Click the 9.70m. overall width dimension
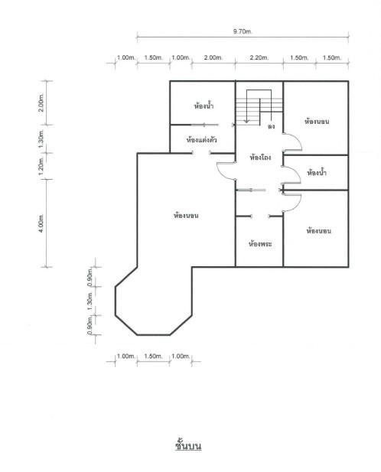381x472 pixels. click(243, 31)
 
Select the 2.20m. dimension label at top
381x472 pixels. click(259, 57)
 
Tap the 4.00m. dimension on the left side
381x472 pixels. click(41, 223)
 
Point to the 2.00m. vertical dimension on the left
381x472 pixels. click(41, 103)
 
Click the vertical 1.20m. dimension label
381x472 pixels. click(41, 167)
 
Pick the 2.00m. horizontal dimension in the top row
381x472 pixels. click(213, 57)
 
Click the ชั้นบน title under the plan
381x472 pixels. click(188, 445)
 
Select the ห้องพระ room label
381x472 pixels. click(260, 243)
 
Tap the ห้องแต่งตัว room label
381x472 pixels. click(202, 140)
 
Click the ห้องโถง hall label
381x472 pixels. click(261, 157)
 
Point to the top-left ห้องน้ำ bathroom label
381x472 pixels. click(204, 106)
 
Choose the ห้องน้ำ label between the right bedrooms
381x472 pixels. click(317, 173)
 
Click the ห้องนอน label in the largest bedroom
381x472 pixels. click(186, 216)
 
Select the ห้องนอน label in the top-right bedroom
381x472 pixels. click(317, 122)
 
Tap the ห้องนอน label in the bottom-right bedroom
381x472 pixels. click(319, 231)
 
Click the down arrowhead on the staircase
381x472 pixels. click(247, 121)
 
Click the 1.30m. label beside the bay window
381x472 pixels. click(90, 301)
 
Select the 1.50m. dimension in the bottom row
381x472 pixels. click(153, 356)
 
